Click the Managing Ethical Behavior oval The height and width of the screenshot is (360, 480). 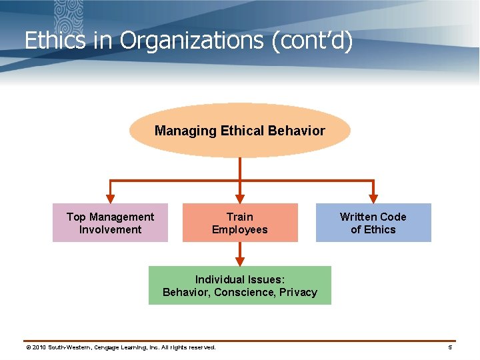(239, 131)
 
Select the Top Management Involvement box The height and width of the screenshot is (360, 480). (110, 223)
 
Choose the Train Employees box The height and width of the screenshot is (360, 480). (240, 223)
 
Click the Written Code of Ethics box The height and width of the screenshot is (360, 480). (373, 223)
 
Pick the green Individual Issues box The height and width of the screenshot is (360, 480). (239, 285)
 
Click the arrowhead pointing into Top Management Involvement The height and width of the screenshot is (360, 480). (111, 198)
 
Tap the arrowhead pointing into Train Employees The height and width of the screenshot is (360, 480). (240, 198)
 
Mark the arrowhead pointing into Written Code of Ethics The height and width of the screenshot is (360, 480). (373, 198)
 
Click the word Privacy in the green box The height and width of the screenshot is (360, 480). (298, 292)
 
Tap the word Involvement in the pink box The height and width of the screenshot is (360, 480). (110, 229)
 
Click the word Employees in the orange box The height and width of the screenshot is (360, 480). (240, 229)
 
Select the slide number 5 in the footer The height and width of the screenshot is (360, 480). (450, 347)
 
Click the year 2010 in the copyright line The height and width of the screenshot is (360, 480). (39, 347)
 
